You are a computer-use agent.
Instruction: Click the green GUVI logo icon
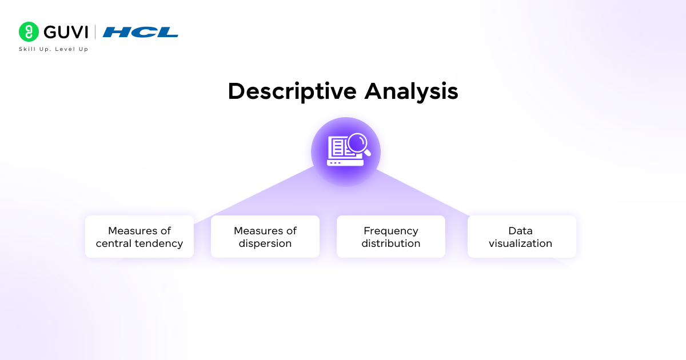pos(29,32)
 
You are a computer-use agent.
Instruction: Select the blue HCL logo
pos(141,32)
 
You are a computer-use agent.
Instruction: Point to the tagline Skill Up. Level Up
pos(54,49)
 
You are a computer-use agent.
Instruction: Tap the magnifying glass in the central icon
pos(358,143)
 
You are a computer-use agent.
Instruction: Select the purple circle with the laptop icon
pos(345,152)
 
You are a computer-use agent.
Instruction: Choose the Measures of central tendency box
pos(139,237)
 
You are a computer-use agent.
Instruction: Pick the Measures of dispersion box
pos(265,237)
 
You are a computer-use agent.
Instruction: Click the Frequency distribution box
pos(391,237)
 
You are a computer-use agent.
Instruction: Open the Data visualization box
pos(521,237)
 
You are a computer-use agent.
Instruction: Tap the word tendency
pos(159,243)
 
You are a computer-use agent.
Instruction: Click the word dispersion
pos(265,243)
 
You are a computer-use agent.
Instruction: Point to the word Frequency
pos(391,231)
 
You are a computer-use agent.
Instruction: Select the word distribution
pos(391,243)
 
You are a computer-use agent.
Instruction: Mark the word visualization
pos(521,243)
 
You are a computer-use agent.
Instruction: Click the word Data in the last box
pos(521,231)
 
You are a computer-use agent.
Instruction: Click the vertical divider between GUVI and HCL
pos(95,32)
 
